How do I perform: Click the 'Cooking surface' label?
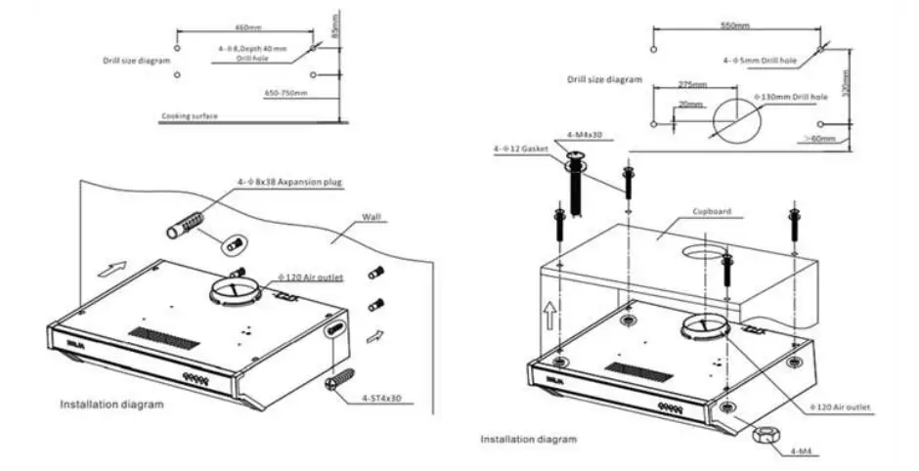(x=190, y=116)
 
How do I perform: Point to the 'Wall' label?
(x=372, y=216)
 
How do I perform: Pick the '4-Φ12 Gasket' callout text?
(x=523, y=150)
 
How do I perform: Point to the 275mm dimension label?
(x=690, y=85)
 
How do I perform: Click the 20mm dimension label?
(x=690, y=105)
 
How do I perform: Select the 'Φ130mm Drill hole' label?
(x=791, y=98)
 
